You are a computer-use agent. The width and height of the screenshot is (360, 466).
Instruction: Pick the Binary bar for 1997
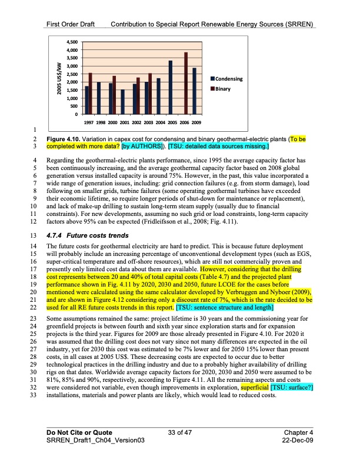click(91, 94)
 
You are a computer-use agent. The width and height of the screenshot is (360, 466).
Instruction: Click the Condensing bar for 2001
click(122, 102)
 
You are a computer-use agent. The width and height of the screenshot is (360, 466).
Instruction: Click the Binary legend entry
click(222, 89)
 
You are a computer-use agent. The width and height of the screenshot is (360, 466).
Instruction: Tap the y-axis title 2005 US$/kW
click(58, 78)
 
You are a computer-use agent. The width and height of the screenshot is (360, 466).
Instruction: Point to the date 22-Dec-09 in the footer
click(298, 441)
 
